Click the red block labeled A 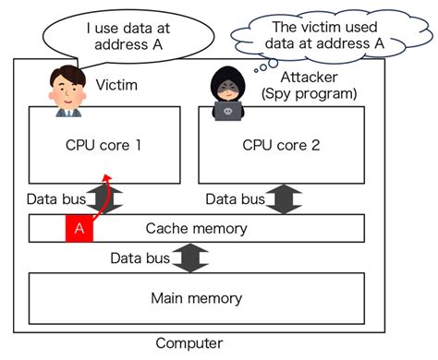tap(79, 228)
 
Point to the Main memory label tap(196, 298)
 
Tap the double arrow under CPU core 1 tap(100, 198)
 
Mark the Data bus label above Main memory tap(140, 258)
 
